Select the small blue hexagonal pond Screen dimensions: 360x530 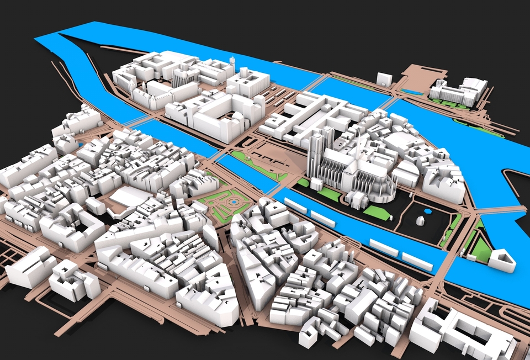[427, 210]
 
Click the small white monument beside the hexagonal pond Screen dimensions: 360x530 [420, 220]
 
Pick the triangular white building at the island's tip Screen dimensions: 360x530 [502, 260]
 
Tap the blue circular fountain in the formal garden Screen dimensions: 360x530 [235, 203]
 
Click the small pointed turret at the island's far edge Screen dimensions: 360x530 [232, 62]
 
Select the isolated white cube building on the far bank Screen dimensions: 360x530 [383, 78]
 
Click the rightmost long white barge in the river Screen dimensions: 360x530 [417, 261]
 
